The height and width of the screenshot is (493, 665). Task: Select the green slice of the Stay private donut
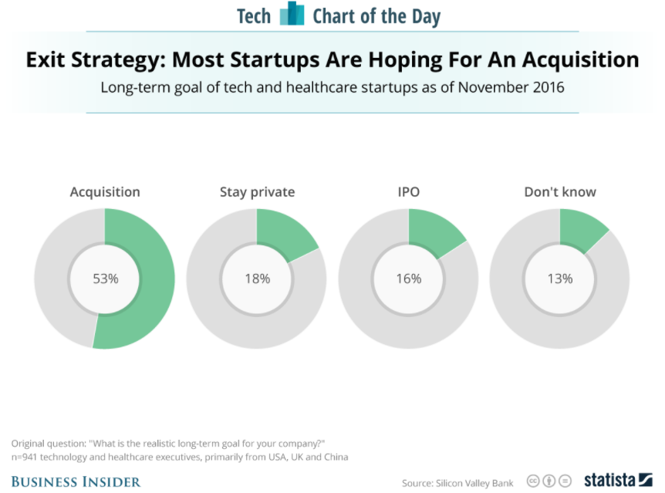[x=282, y=232]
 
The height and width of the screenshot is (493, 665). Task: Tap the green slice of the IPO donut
[x=434, y=231]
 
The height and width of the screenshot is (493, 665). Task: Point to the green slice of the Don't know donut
[x=580, y=229]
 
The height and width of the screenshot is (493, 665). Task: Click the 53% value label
[x=106, y=279]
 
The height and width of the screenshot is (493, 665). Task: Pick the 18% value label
[x=258, y=279]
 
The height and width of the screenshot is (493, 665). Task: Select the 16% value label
[x=409, y=279]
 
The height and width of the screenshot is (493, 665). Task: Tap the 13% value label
[x=560, y=279]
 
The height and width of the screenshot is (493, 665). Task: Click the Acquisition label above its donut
[x=105, y=192]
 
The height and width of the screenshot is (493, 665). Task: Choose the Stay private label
[x=257, y=192]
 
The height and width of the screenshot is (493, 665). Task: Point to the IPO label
[x=408, y=192]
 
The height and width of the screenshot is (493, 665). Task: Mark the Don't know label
[x=560, y=192]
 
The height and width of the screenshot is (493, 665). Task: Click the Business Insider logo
[x=76, y=482]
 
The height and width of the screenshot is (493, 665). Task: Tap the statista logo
[x=619, y=480]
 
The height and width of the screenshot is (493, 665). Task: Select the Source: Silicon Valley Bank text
[x=457, y=483]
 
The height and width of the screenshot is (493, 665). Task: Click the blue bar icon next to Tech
[x=292, y=13]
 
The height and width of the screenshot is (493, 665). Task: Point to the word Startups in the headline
[x=275, y=59]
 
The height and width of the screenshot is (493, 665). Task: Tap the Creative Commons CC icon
[x=533, y=481]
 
